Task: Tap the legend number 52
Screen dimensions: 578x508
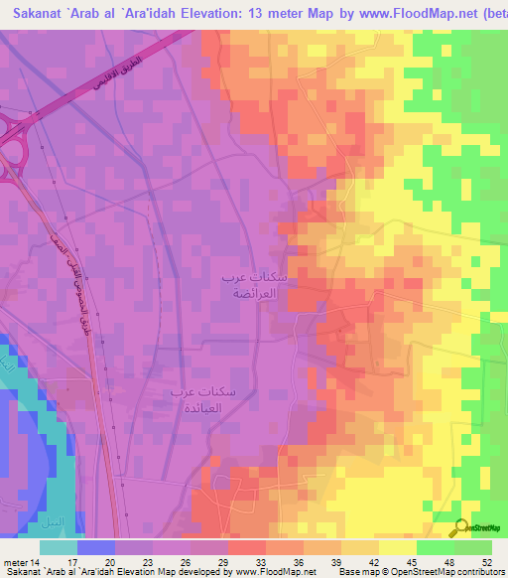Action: [485, 562]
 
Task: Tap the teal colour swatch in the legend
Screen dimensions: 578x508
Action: [59, 547]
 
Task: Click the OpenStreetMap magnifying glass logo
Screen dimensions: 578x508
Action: [462, 527]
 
